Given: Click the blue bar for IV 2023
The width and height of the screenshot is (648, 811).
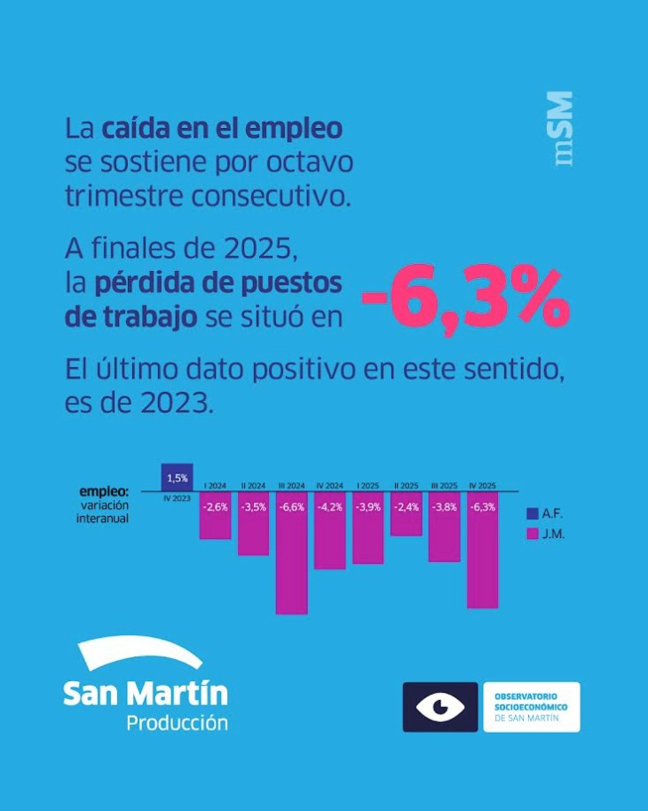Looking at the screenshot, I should pos(177,477).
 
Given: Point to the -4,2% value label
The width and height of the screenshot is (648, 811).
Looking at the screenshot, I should pos(329,506).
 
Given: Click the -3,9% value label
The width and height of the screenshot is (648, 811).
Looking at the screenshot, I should pos(367,506).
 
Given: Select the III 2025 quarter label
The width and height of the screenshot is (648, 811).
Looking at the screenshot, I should pos(444,486).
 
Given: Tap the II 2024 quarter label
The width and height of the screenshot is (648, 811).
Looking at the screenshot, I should pos(254,486).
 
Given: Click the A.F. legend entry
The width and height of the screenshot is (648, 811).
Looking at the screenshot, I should pos(544,513).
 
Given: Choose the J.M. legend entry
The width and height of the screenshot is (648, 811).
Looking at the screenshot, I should pos(544,535).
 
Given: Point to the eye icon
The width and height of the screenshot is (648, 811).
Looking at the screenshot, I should pos(440,707).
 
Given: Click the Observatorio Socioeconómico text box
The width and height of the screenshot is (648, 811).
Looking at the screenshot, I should pos(531,707).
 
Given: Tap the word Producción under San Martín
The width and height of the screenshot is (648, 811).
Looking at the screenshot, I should pos(177,722).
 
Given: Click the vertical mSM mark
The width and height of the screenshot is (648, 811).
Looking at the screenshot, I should pos(560,130).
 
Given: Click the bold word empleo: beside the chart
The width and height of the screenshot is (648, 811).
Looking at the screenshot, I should pos(104,491).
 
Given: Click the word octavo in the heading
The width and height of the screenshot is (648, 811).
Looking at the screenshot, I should pos(311,163).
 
